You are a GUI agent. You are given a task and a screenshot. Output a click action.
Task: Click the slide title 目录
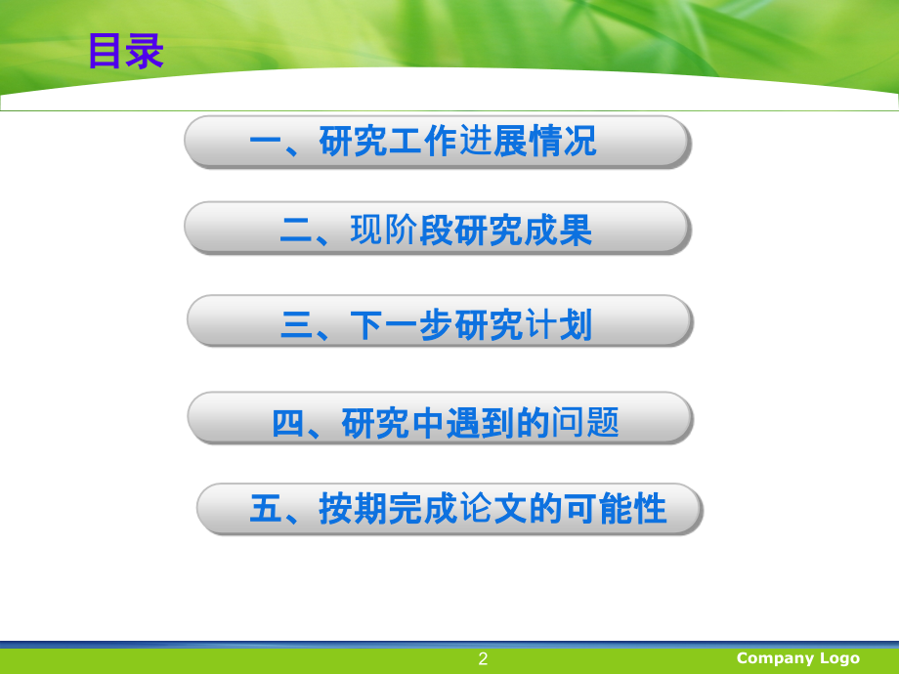[x=126, y=52]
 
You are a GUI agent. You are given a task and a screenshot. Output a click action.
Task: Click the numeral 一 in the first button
[x=265, y=143]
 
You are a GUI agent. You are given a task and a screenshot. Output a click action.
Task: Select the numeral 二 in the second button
[x=295, y=231]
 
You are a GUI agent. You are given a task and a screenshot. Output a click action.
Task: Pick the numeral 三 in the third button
[x=295, y=324]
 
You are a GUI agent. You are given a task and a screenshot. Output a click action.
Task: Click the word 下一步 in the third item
[x=402, y=324]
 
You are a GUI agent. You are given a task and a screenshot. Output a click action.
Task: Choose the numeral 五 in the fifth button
[x=265, y=510]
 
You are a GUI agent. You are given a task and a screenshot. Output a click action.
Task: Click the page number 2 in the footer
[x=483, y=659]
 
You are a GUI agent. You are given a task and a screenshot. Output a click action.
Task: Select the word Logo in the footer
[x=839, y=658]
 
